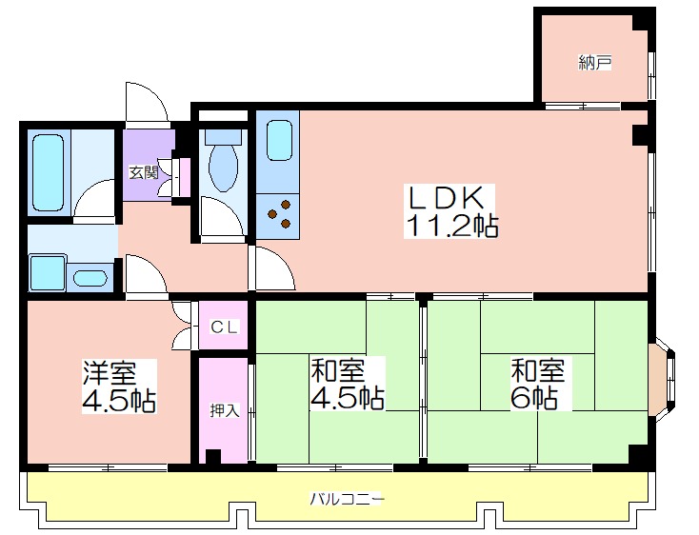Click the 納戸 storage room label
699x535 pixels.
594,63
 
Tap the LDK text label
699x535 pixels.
447,198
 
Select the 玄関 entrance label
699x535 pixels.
144,172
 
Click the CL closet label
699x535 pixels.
224,327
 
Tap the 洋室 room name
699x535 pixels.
110,372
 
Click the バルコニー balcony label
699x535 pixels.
348,499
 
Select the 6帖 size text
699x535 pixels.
533,398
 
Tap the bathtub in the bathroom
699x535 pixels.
49,172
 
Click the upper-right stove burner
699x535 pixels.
286,206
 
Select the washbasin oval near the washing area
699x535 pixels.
90,279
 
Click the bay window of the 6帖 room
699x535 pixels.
663,382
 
